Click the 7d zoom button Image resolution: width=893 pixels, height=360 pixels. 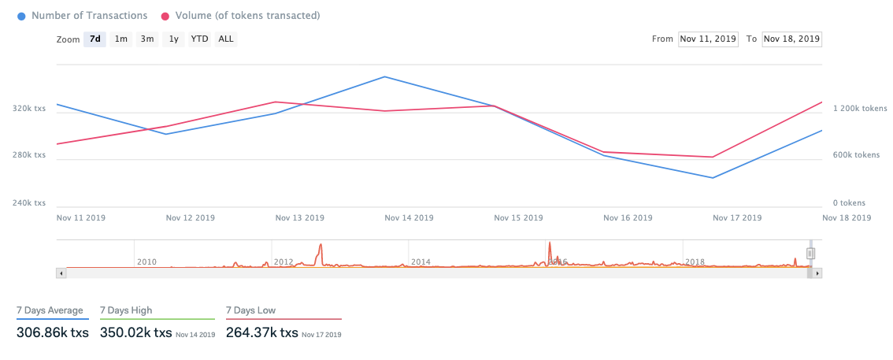[x=94, y=39]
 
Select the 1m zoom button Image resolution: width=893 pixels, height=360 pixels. [x=120, y=39]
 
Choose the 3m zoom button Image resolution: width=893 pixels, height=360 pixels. [x=146, y=39]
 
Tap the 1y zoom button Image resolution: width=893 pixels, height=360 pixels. [x=173, y=39]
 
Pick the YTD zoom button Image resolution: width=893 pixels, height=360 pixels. [x=199, y=39]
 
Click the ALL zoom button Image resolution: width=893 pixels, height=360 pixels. [x=226, y=39]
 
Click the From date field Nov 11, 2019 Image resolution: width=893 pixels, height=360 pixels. [x=708, y=39]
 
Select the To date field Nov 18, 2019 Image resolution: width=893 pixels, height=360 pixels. [x=791, y=39]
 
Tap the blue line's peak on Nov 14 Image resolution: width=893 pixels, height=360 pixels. [x=384, y=76]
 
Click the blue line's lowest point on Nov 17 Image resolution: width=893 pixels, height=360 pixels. [x=713, y=178]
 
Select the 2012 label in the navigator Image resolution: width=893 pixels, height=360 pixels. [x=283, y=262]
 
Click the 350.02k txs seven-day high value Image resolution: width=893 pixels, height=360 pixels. [x=135, y=333]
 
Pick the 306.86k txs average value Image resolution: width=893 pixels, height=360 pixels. [x=53, y=333]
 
